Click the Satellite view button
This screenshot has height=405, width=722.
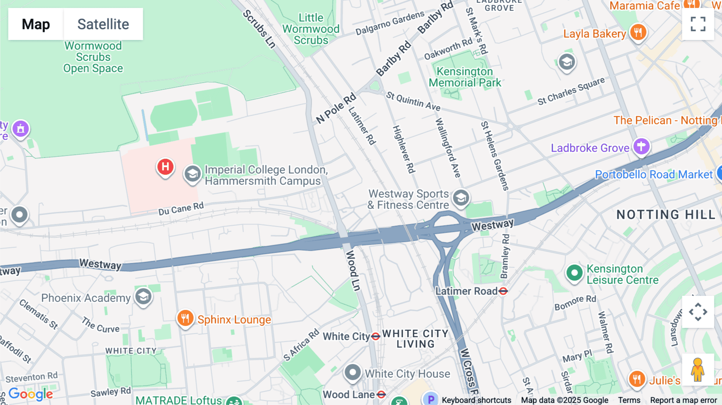pyautogui.click(x=103, y=24)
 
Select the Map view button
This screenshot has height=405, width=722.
pyautogui.click(x=36, y=24)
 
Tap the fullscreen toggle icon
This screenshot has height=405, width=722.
pyautogui.click(x=698, y=24)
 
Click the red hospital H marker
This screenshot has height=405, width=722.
pyautogui.click(x=165, y=167)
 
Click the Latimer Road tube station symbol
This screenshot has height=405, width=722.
pyautogui.click(x=503, y=291)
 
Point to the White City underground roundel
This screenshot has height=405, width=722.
pyautogui.click(x=375, y=336)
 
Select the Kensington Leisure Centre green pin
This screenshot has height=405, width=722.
pyautogui.click(x=574, y=273)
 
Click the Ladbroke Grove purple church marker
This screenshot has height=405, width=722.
pyautogui.click(x=641, y=146)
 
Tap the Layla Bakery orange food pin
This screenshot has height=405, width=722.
pyautogui.click(x=638, y=32)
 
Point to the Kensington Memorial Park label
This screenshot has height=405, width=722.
pyautogui.click(x=464, y=77)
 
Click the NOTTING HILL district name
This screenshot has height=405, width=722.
pyautogui.click(x=666, y=215)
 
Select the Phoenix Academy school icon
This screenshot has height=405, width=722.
pyautogui.click(x=143, y=297)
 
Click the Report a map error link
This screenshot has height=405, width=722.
pyautogui.click(x=683, y=400)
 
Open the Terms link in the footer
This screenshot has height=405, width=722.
pyautogui.click(x=629, y=400)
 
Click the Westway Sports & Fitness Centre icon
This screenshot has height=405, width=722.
pyautogui.click(x=461, y=198)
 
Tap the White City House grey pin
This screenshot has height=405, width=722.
pyautogui.click(x=353, y=373)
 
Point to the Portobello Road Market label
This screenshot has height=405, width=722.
pyautogui.click(x=654, y=175)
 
